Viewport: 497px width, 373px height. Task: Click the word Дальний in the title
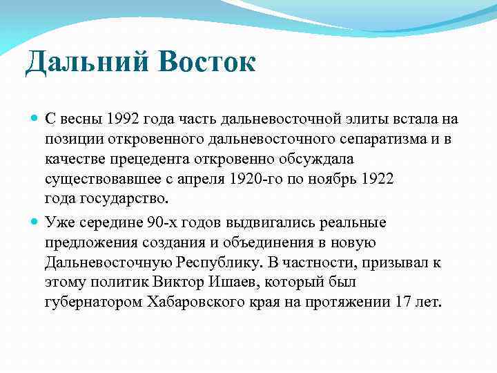pyautogui.click(x=76, y=64)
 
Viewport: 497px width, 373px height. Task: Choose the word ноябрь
pyautogui.click(x=329, y=180)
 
